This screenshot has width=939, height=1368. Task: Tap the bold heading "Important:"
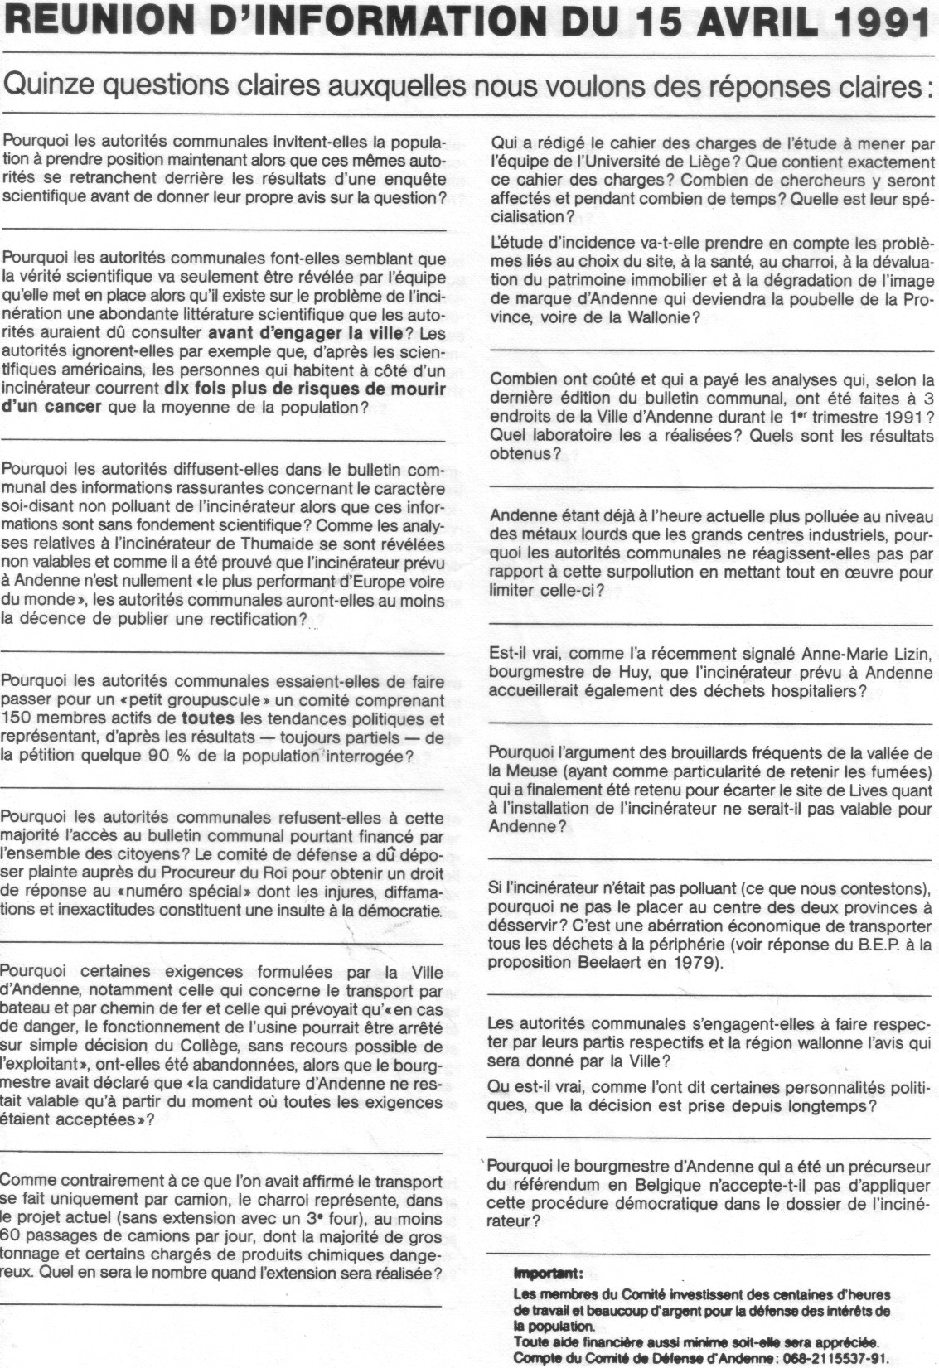[x=548, y=1273]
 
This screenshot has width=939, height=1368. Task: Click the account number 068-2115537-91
[x=819, y=1358]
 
